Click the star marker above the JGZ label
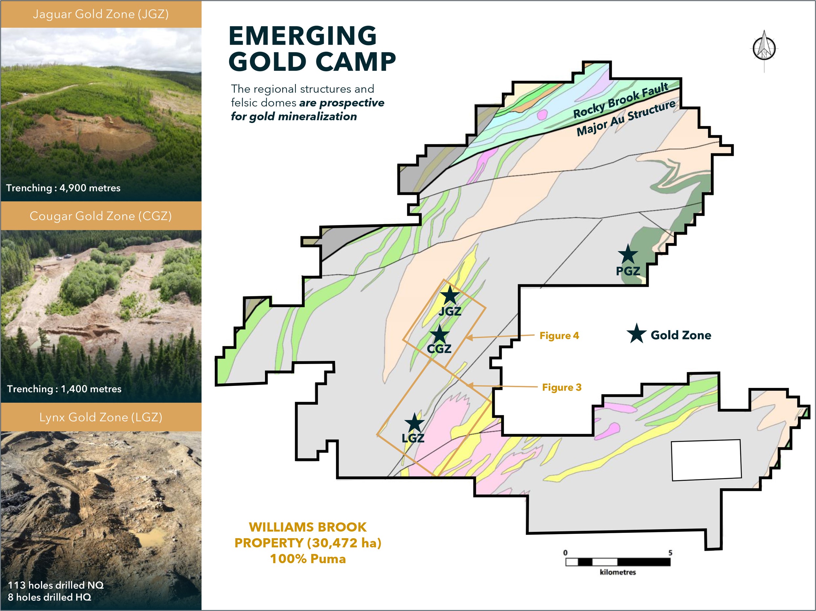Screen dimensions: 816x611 click(x=450, y=296)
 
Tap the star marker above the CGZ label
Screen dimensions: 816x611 click(x=439, y=334)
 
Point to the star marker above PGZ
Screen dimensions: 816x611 click(x=627, y=254)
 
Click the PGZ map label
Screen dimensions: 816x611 click(x=628, y=271)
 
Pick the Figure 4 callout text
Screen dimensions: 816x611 click(x=559, y=335)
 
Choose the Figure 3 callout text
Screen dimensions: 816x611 click(x=562, y=387)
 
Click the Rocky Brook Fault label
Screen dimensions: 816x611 click(x=621, y=100)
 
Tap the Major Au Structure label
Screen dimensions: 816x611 click(x=626, y=117)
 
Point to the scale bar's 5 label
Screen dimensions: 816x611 click(x=670, y=553)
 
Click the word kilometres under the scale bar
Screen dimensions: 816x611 click(x=618, y=572)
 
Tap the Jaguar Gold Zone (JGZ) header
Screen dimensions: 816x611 click(x=101, y=14)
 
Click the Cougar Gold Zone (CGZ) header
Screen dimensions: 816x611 click(x=101, y=216)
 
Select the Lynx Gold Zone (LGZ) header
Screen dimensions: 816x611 click(x=101, y=417)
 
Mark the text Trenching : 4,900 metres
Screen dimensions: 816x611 click(x=63, y=188)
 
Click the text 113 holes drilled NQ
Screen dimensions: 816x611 click(x=56, y=585)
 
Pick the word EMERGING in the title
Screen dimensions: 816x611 click(x=303, y=36)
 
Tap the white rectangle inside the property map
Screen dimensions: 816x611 click(x=706, y=460)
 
